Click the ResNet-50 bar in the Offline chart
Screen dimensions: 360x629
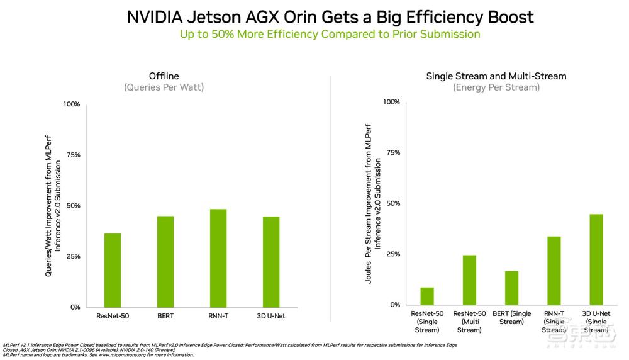[x=113, y=270]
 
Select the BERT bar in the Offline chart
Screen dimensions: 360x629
[x=165, y=261]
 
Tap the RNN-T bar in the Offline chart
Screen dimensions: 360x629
[x=218, y=258]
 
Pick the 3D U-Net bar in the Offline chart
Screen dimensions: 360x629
[x=271, y=262]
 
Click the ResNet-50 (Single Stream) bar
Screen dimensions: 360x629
[x=427, y=296]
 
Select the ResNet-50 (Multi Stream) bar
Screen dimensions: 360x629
[x=469, y=279]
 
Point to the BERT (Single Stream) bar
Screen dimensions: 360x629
[x=511, y=288]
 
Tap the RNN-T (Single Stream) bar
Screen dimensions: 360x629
[x=554, y=271]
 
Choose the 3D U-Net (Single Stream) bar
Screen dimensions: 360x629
[x=596, y=259]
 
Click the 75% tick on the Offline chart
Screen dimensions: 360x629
[x=72, y=155]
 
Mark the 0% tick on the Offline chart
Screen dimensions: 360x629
[x=75, y=307]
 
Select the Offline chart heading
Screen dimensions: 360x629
[x=164, y=76]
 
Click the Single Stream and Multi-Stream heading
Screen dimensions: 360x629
[x=496, y=76]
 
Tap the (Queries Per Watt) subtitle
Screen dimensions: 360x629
[x=164, y=87]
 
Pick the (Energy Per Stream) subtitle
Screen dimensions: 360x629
[x=496, y=87]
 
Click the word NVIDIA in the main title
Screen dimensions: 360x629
[x=154, y=17]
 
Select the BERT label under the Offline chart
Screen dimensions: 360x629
[x=165, y=316]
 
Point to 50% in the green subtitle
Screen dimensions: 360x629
[x=221, y=34]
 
